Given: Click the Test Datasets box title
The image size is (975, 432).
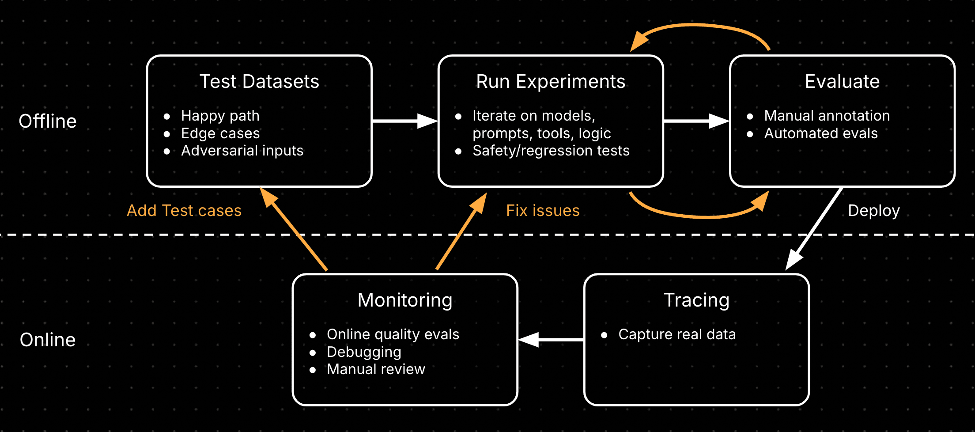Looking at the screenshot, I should coord(259,82).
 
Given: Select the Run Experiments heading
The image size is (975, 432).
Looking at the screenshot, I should coord(551,82).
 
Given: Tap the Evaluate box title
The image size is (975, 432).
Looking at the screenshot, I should coord(842,82).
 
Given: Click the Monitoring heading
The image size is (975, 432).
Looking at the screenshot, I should coord(405,300).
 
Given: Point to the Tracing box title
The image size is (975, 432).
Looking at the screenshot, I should coord(696,300).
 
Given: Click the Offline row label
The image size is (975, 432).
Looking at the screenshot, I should coord(48,121).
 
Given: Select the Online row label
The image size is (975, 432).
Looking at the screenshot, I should coord(48,340).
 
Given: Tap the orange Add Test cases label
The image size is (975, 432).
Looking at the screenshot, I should coord(184,211).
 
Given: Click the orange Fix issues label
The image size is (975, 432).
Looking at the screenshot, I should coord(543,211).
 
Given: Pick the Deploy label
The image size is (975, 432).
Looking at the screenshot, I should coord(873,211).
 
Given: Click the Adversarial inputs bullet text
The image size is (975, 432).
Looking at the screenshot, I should coord(242,151).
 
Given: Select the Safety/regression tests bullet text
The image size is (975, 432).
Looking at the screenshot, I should coord(551,151).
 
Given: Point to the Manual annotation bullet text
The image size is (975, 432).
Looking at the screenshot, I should coord(827,116).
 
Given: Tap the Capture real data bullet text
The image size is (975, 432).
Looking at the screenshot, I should coord(677,334).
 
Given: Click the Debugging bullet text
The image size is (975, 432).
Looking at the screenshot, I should coord(364,352).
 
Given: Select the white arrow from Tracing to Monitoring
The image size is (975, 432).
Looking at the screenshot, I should coord(551,340).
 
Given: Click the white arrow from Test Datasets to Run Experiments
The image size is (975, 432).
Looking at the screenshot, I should coord(404,121).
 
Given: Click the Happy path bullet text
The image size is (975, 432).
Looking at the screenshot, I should coord(220,116).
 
